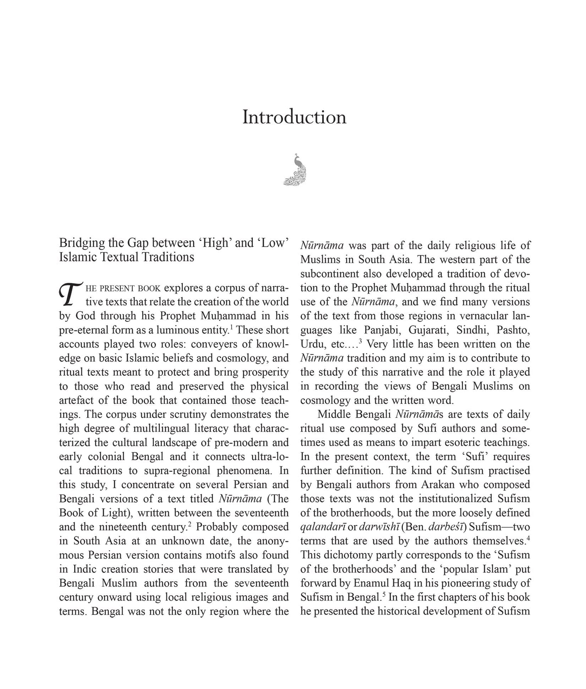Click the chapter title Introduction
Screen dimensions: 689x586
click(294, 117)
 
